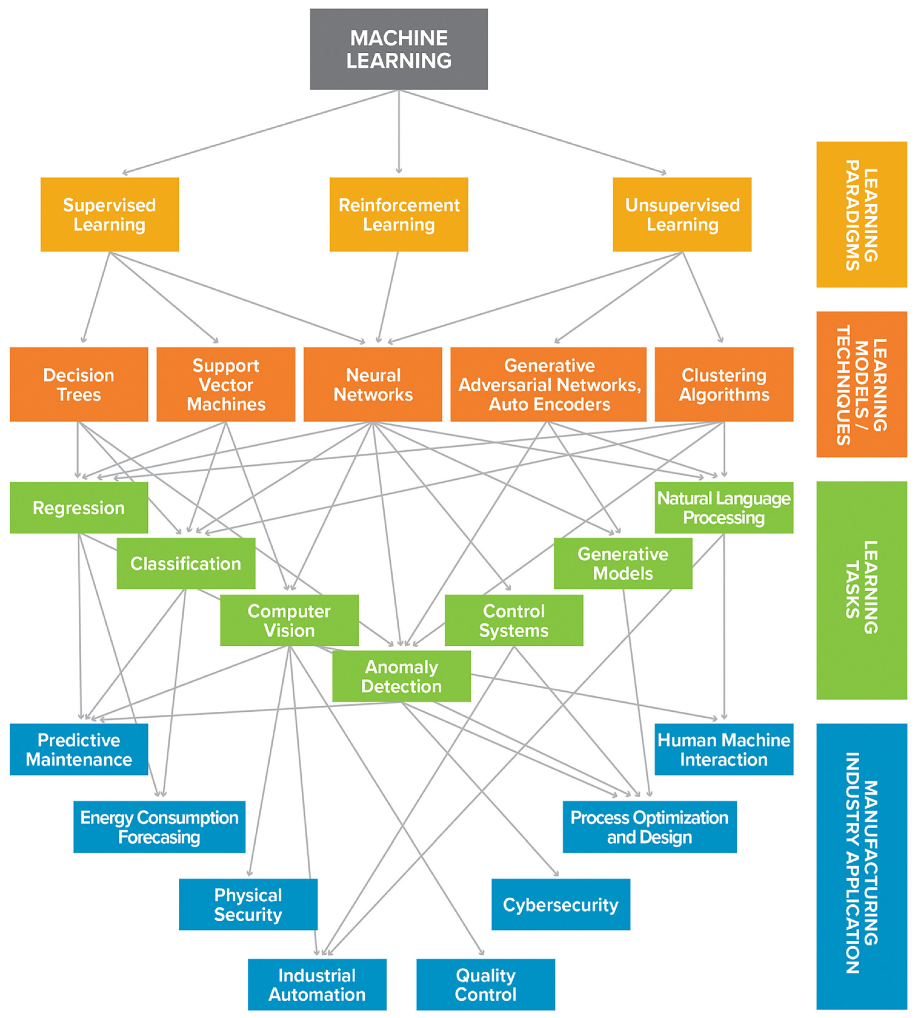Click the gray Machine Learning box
pos(399,49)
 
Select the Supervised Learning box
pos(110,215)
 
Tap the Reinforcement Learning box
pos(399,215)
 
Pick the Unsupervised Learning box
pos(682,215)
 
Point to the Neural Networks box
pos(373,384)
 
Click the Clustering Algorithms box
pos(724,384)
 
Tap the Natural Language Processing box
pos(724,507)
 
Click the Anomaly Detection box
pos(401,676)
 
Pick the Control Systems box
pos(514,620)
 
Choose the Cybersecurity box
pos(561,905)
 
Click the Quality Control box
pos(486,985)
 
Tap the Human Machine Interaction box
pos(724,749)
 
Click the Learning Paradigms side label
pos(861,215)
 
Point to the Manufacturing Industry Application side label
pos(861,866)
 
